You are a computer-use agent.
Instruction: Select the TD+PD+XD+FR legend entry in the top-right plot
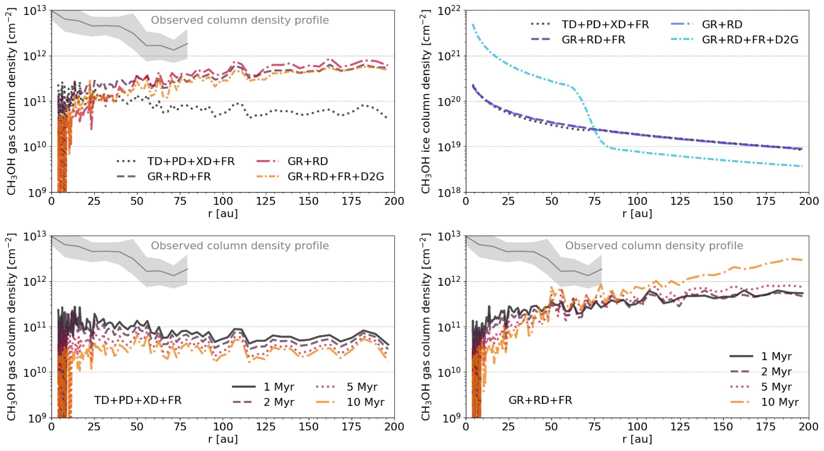click(x=605, y=24)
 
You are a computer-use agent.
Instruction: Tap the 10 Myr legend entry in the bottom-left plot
click(x=365, y=402)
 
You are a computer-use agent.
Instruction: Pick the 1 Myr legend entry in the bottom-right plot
click(x=776, y=356)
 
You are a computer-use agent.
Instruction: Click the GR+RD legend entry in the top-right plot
click(x=722, y=24)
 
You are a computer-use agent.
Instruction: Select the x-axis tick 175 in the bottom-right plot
click(x=766, y=427)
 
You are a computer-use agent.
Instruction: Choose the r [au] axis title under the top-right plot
click(x=637, y=214)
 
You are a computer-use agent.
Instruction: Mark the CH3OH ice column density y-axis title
click(x=426, y=102)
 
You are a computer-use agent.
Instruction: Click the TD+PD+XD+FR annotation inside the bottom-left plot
click(x=138, y=400)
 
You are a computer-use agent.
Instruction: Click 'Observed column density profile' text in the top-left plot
click(x=240, y=20)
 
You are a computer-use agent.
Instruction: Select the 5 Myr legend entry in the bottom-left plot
click(x=362, y=387)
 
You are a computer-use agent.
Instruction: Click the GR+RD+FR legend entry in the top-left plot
click(x=179, y=177)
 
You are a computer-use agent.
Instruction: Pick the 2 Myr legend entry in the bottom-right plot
click(x=776, y=371)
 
